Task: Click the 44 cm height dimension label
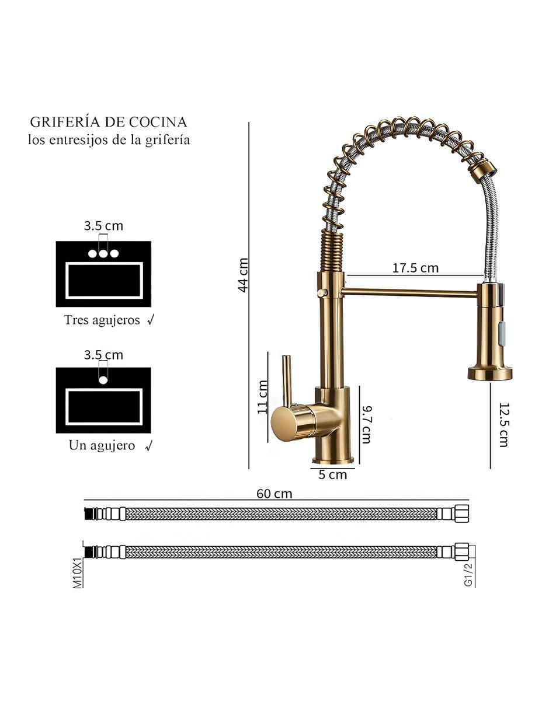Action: coord(243,275)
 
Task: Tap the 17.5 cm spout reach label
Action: coord(415,268)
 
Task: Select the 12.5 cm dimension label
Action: coord(503,424)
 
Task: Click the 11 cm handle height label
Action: coord(262,397)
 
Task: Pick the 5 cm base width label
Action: coord(332,475)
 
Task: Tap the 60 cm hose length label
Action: coord(274,494)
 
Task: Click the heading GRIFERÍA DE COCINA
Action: coord(109,122)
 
